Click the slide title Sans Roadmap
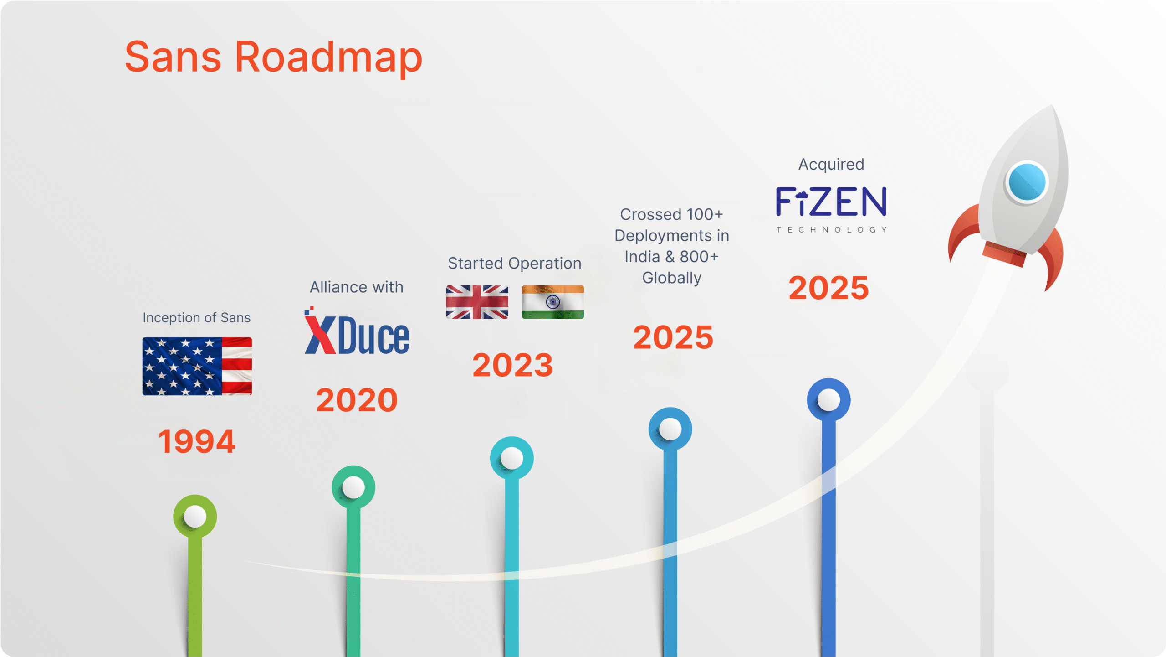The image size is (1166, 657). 274,58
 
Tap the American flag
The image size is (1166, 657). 197,366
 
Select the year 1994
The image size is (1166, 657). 197,441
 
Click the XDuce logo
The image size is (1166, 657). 357,331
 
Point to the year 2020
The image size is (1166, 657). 357,400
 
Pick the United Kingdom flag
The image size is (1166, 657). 477,302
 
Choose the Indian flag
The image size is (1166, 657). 553,302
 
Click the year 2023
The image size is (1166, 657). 513,365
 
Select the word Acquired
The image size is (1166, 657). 831,164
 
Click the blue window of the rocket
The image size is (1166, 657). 1027,182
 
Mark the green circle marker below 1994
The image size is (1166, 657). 195,517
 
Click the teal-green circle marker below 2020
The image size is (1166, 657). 353,487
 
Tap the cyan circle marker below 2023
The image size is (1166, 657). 512,458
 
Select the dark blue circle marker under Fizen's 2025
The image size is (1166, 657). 829,400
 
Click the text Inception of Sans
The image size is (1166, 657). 197,317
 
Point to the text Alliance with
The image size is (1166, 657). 357,287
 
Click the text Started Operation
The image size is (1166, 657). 515,264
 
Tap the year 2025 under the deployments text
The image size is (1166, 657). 673,337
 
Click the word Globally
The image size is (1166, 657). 672,278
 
